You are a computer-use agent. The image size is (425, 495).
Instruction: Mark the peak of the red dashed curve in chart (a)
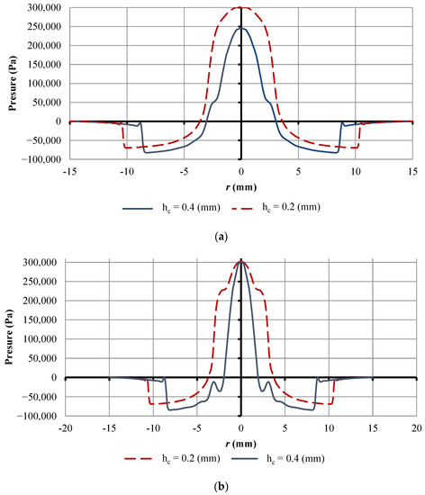click(241, 8)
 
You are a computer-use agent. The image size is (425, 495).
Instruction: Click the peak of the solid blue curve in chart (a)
click(241, 28)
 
